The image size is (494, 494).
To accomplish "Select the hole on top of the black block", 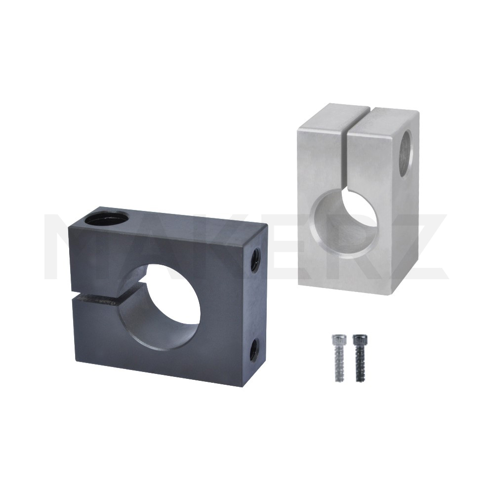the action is coord(107,217).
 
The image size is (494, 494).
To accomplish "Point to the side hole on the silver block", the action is coord(406,154).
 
